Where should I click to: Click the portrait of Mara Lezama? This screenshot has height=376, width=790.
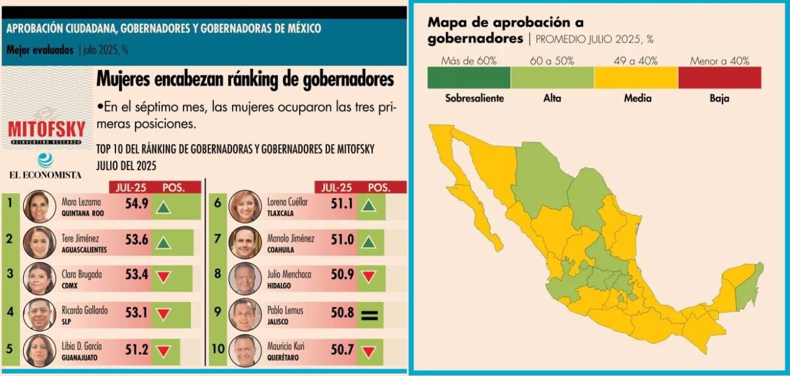pyautogui.click(x=39, y=207)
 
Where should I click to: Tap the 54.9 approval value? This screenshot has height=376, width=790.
pyautogui.click(x=137, y=204)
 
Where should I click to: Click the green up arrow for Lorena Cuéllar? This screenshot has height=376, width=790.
pyautogui.click(x=369, y=206)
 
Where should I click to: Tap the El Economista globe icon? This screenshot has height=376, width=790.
pyautogui.click(x=44, y=161)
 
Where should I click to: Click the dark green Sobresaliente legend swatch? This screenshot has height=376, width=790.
pyautogui.click(x=469, y=78)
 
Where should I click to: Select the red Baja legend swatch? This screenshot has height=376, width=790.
pyautogui.click(x=719, y=78)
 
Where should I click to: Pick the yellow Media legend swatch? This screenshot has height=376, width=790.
pyautogui.click(x=636, y=78)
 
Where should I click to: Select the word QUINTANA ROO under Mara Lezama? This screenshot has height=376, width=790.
pyautogui.click(x=84, y=213)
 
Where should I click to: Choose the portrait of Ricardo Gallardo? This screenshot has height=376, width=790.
pyautogui.click(x=39, y=315)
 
